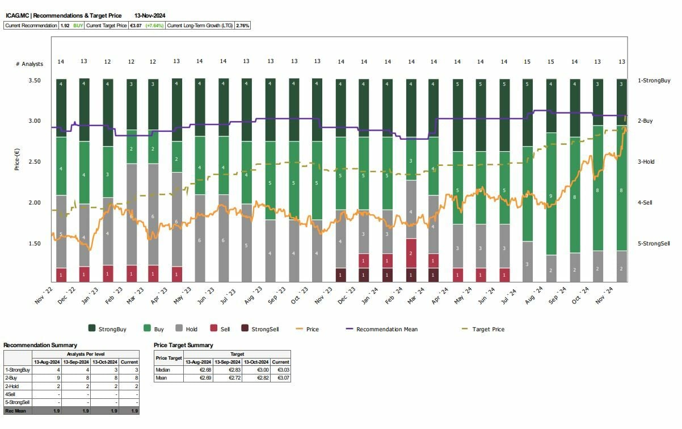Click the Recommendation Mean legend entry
[x=386, y=329]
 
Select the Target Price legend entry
[x=487, y=329]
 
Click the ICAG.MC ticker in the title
[x=17, y=16]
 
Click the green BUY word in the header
[x=78, y=26]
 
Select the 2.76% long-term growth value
[x=242, y=26]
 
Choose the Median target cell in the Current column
[x=280, y=369]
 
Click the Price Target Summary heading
[x=183, y=345]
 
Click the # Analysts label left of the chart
[x=30, y=64]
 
